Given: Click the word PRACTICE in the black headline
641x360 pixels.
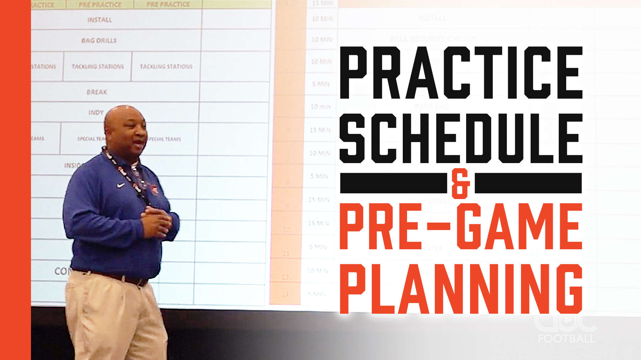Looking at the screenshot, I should (x=461, y=72).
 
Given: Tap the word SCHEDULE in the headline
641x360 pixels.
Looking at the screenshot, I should (x=461, y=138).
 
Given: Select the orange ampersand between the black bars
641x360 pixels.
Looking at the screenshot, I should (x=460, y=183).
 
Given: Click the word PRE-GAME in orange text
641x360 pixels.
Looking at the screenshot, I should (x=461, y=226).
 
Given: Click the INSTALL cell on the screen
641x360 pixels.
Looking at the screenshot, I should (x=99, y=20).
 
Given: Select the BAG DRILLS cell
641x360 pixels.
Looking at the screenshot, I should (x=99, y=41).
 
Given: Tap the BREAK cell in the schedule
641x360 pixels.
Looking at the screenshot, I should (x=97, y=92).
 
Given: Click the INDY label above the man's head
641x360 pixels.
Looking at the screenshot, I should (x=96, y=113).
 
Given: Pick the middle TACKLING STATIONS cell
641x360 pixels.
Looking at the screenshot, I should (x=98, y=67).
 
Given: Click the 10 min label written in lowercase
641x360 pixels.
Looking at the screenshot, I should (x=320, y=106).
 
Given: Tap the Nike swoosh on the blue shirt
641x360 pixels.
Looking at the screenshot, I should (x=121, y=185).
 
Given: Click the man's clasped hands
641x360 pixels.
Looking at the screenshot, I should (x=157, y=221).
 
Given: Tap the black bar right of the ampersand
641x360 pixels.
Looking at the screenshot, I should (x=528, y=183).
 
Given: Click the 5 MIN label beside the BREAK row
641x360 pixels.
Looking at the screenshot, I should (x=321, y=84).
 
